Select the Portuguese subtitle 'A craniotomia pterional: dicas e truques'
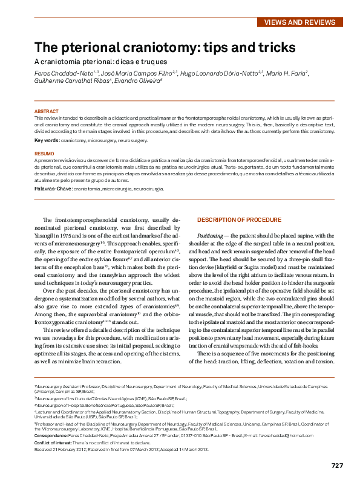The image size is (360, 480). click(x=100, y=62)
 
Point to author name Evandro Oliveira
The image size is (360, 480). click(x=139, y=80)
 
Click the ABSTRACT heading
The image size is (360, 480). click(x=47, y=112)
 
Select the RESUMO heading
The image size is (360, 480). click(x=44, y=154)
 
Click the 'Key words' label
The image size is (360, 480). click(x=47, y=140)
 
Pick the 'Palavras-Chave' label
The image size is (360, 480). click(x=53, y=189)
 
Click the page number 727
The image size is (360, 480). click(x=337, y=465)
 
